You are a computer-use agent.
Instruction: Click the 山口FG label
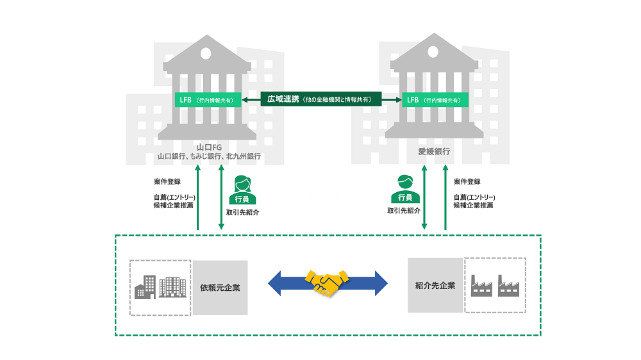(x=209, y=147)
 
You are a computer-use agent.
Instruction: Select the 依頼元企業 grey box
(x=220, y=288)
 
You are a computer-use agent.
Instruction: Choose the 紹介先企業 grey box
(x=435, y=285)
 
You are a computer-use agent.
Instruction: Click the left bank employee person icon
(x=243, y=190)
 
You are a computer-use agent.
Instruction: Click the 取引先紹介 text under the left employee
(x=243, y=212)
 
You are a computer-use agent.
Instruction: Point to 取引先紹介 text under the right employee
(x=403, y=210)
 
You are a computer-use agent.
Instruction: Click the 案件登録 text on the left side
(x=168, y=182)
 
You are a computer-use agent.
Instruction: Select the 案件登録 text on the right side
(x=467, y=182)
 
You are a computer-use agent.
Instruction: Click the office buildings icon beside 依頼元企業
(x=160, y=288)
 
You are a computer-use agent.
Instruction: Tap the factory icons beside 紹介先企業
(x=495, y=285)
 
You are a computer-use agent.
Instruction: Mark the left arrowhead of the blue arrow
(x=277, y=282)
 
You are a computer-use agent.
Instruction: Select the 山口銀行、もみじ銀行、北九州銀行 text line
(x=209, y=156)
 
